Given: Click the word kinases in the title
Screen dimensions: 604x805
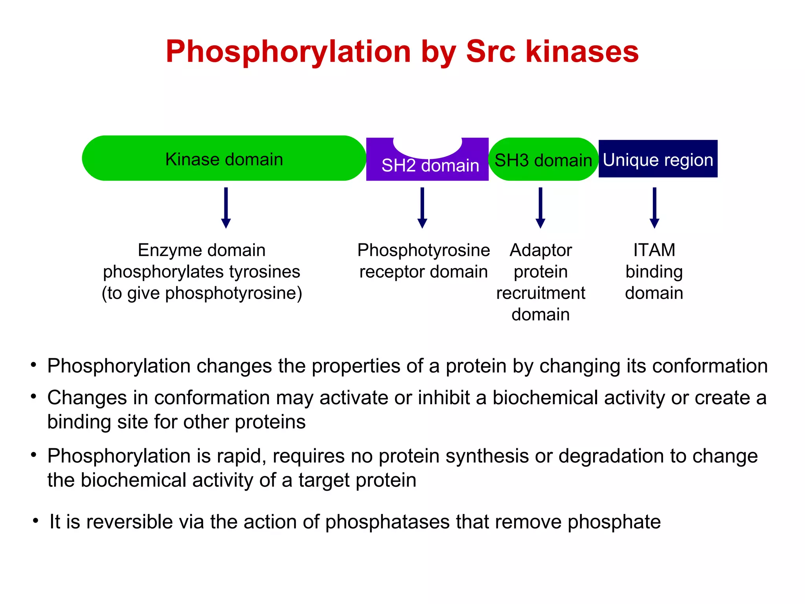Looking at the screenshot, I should [x=582, y=52].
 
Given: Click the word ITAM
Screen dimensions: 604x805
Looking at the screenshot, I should [x=654, y=250].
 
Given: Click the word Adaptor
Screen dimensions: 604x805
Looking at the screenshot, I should [x=541, y=250].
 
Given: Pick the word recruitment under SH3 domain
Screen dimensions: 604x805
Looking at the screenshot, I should [x=541, y=293].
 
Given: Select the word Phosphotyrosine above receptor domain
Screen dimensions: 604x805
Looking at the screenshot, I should [x=423, y=250].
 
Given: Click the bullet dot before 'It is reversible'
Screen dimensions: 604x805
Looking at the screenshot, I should [x=36, y=521].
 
